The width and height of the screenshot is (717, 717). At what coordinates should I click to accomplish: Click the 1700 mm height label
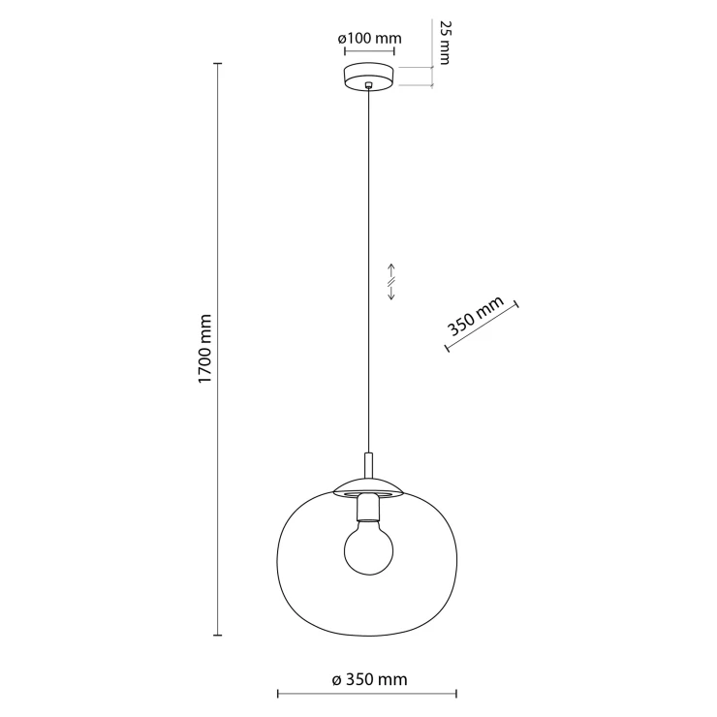pyautogui.click(x=205, y=349)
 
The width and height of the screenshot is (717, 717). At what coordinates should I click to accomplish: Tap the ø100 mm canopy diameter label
pyautogui.click(x=369, y=38)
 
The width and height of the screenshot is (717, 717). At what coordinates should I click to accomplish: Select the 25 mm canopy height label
pyautogui.click(x=444, y=43)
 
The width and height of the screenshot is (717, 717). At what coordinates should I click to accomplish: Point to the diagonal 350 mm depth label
pyautogui.click(x=476, y=316)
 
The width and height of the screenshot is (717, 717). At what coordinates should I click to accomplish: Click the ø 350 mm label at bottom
pyautogui.click(x=369, y=679)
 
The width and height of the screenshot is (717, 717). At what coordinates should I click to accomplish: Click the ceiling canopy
pyautogui.click(x=369, y=77)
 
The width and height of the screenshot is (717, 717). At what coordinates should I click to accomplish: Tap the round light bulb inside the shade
pyautogui.click(x=368, y=550)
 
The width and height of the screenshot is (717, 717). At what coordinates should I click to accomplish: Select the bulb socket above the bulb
pyautogui.click(x=368, y=508)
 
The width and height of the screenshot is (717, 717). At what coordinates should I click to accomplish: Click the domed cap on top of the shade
pyautogui.click(x=368, y=486)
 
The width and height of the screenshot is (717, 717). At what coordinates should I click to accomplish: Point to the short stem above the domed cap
pyautogui.click(x=368, y=465)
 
